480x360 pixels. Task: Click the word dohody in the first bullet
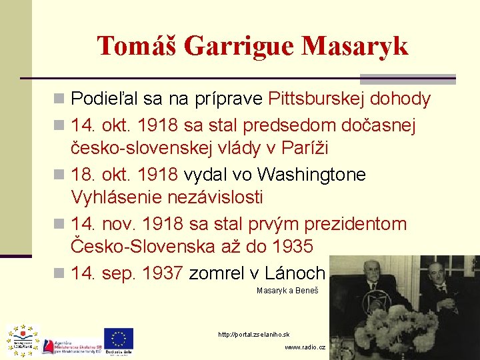[401, 100]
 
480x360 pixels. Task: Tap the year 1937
[160, 273]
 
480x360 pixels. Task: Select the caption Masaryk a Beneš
[287, 291]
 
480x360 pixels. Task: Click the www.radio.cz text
[305, 347]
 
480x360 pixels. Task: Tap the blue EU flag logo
[118, 339]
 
